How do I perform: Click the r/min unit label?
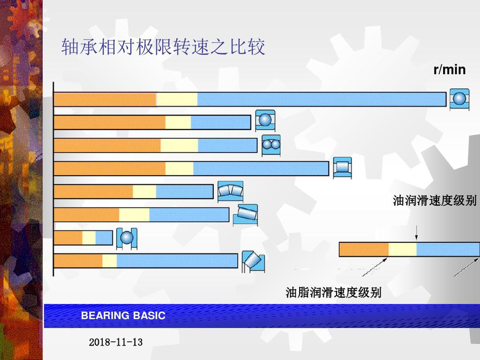(x=449, y=70)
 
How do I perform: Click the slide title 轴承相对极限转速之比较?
(x=163, y=47)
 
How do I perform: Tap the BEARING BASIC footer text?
(x=123, y=315)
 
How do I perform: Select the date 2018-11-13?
(x=116, y=342)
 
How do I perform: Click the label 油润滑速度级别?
(x=435, y=200)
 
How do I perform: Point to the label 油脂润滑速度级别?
(x=333, y=292)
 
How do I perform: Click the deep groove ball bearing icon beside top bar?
(x=459, y=99)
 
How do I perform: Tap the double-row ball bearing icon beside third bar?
(x=271, y=145)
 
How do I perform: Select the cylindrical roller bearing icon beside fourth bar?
(x=342, y=167)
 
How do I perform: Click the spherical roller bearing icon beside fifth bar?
(x=231, y=191)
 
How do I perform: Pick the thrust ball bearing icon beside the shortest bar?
(x=127, y=238)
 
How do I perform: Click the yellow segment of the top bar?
(x=177, y=99)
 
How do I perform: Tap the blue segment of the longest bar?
(x=321, y=99)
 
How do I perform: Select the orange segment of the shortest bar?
(x=68, y=238)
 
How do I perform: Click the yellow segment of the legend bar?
(x=402, y=249)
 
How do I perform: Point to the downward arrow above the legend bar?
(x=416, y=233)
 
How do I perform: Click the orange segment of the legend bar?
(x=364, y=249)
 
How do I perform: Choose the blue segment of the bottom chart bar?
(x=177, y=261)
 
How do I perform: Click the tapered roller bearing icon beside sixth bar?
(x=245, y=215)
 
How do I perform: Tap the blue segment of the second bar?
(x=220, y=122)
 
